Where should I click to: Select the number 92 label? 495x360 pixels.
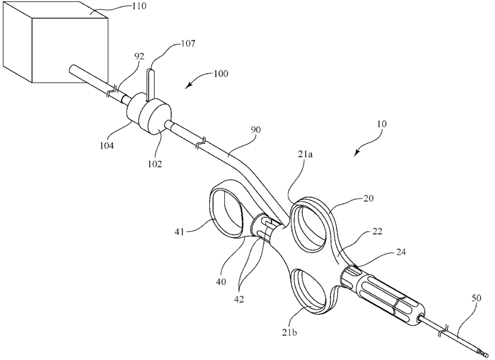[139, 56]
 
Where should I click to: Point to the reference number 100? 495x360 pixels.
[221, 73]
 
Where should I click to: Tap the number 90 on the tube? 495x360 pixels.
[256, 130]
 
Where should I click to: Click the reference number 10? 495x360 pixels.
[381, 123]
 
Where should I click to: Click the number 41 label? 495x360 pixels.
[180, 232]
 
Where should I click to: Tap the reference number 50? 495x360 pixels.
[477, 298]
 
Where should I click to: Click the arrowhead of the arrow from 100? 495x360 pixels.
[186, 87]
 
